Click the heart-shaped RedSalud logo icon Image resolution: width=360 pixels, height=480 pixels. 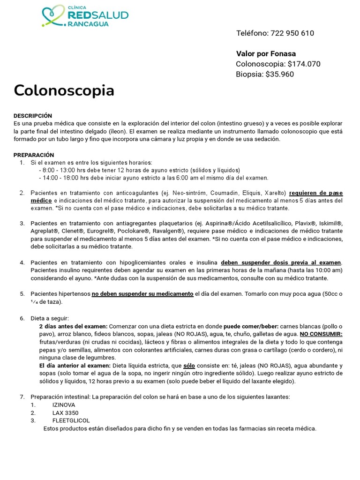pyautogui.click(x=53, y=15)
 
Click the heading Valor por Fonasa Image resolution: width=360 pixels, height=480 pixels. pyautogui.click(x=266, y=53)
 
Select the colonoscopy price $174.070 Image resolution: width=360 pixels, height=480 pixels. pyautogui.click(x=304, y=64)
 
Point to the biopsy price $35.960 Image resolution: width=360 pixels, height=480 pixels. pyautogui.click(x=280, y=74)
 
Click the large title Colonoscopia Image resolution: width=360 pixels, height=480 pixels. pyautogui.click(x=64, y=90)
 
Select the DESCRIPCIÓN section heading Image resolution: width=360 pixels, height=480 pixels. pyautogui.click(x=33, y=116)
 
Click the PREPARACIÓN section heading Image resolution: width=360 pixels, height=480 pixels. pyautogui.click(x=34, y=155)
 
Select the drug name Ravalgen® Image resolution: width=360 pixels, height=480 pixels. pyautogui.click(x=167, y=231)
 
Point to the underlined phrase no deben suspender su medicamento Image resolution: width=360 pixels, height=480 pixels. pyautogui.click(x=142, y=294)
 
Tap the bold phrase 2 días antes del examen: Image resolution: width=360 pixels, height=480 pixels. pyautogui.click(x=73, y=326)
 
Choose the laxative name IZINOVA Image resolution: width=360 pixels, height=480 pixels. pyautogui.click(x=63, y=405)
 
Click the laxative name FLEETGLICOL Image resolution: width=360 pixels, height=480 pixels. pyautogui.click(x=71, y=420)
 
